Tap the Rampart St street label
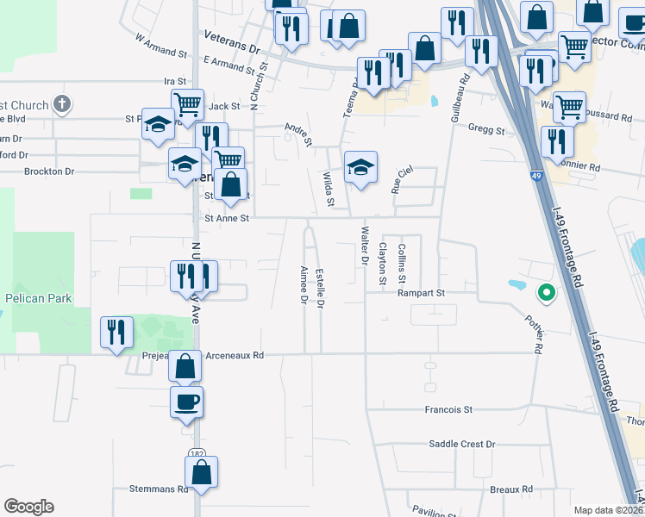coord(421,293)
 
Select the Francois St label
coord(449,410)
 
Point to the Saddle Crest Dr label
coord(462,444)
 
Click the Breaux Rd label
coord(511,489)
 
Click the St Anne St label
coord(226,219)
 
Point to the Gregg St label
coord(486,130)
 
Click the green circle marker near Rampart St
coord(545,294)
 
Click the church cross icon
coord(60,104)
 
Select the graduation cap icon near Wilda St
coord(361,166)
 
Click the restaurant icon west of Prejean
coord(116,333)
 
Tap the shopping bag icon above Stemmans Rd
coord(201,472)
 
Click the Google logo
coord(28,507)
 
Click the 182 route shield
coord(196,452)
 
